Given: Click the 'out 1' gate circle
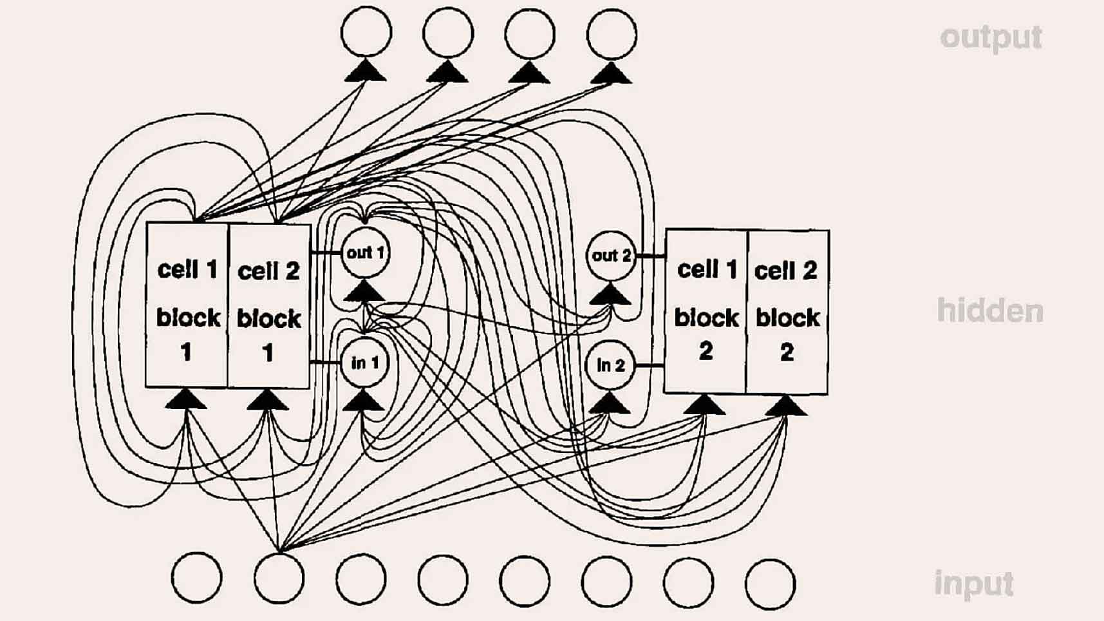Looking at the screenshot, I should (x=365, y=253).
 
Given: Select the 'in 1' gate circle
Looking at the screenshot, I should (x=365, y=363).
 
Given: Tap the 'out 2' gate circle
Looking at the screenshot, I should (x=611, y=256).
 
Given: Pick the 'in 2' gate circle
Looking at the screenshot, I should (x=610, y=365).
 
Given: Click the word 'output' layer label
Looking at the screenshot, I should (x=991, y=37).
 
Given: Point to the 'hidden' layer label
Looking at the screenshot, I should (x=989, y=311).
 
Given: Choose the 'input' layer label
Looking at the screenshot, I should (x=974, y=584).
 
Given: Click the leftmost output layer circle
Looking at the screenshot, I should (x=366, y=32).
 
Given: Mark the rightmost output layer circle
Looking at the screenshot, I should (x=612, y=33).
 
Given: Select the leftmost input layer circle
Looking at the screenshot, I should (x=196, y=578).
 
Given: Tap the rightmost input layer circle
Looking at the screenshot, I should (x=770, y=584).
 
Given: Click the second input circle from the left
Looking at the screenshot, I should (x=279, y=578).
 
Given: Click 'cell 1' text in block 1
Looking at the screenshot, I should (x=187, y=269).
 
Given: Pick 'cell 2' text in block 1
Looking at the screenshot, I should (x=268, y=271).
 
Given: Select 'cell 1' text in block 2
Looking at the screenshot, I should (x=707, y=269).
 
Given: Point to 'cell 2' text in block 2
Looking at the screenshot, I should (x=786, y=271).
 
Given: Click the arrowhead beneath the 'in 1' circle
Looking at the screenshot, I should (x=364, y=401).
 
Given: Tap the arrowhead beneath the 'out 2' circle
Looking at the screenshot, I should (x=610, y=294).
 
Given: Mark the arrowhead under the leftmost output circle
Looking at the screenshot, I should (x=366, y=70).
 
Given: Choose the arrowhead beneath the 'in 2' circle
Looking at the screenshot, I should (x=610, y=404).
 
